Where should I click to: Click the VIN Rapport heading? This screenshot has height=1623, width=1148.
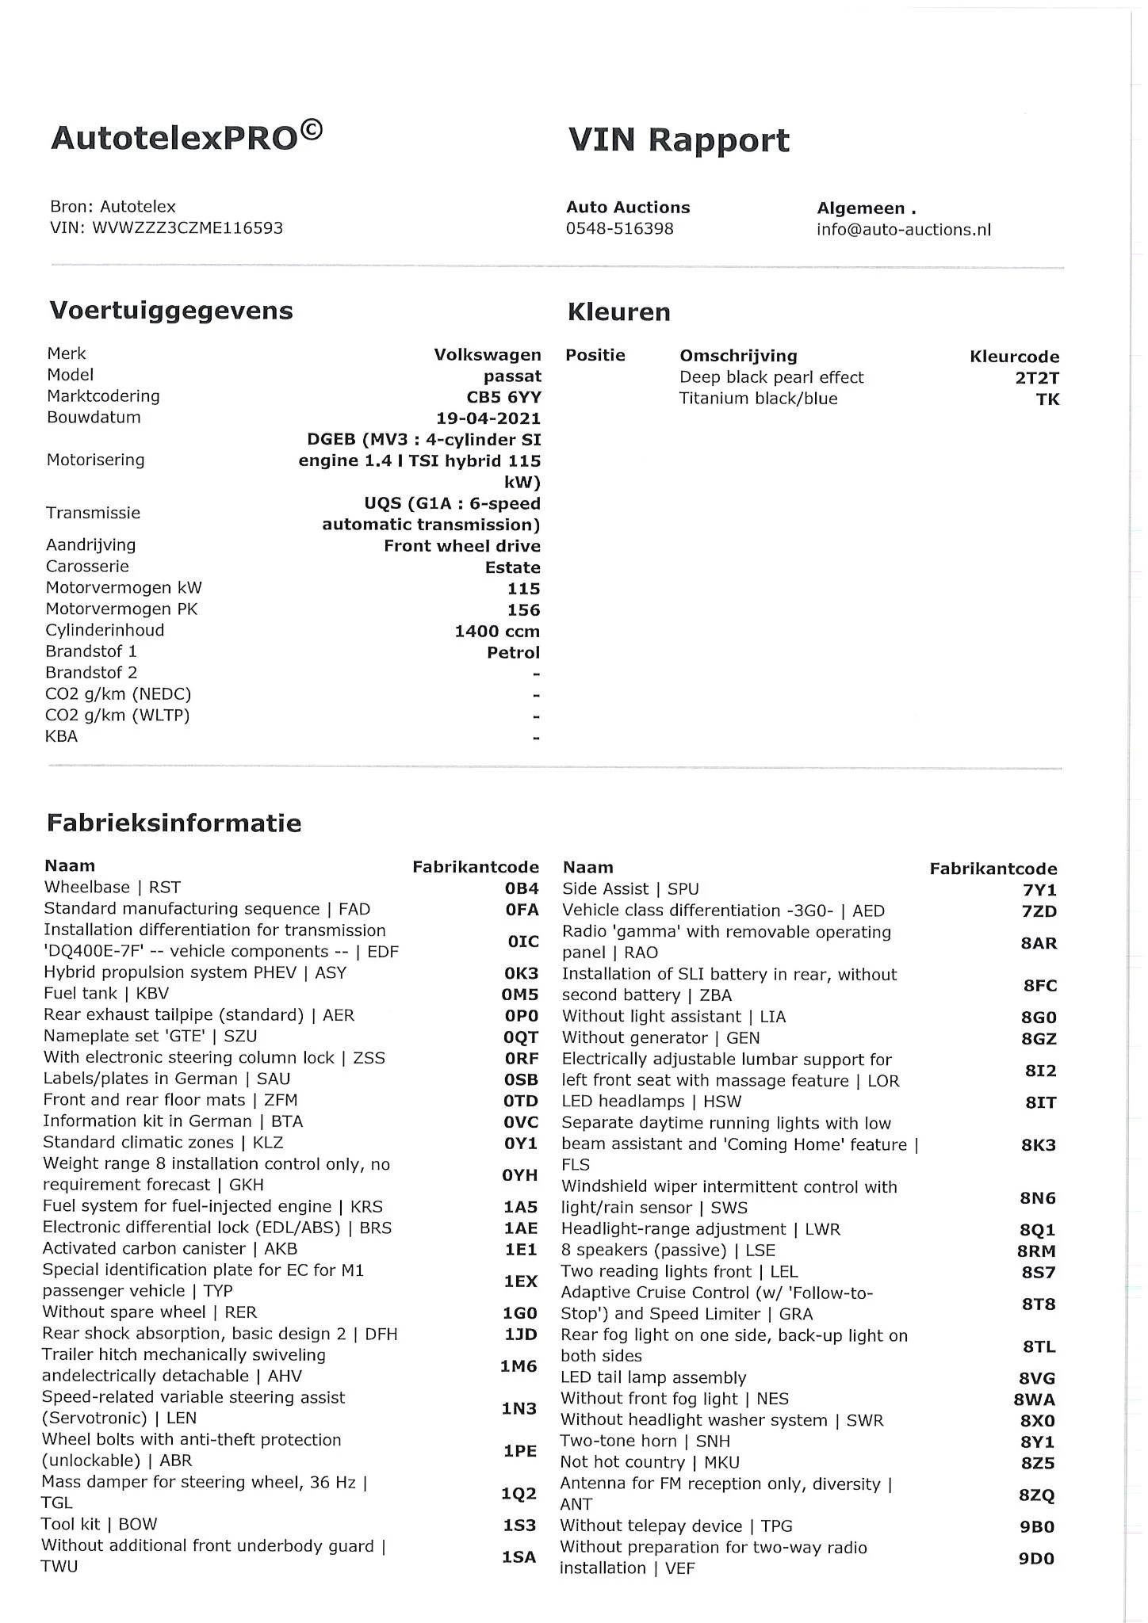point(679,140)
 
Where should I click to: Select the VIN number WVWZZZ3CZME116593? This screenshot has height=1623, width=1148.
point(187,228)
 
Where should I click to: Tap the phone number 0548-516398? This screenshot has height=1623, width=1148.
point(619,229)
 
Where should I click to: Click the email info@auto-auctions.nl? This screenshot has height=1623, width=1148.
point(904,230)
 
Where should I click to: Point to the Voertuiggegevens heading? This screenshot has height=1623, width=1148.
point(171,310)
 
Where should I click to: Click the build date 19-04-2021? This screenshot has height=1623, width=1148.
point(488,418)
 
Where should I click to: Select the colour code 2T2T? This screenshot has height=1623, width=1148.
point(1037,378)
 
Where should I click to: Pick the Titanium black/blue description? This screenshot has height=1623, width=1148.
point(758,399)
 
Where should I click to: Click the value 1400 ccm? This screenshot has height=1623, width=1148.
point(497,632)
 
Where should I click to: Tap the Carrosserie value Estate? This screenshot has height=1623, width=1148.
point(513,567)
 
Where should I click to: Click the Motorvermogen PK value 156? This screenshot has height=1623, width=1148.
point(523,610)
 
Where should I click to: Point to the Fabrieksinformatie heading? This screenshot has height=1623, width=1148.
point(174,823)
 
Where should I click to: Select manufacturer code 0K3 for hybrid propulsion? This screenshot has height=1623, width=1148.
point(522,973)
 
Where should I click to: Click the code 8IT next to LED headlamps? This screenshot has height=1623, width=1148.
point(1040,1102)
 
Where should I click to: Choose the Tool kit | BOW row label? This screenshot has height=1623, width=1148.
point(99,1524)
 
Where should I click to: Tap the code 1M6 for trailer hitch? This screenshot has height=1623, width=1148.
point(519,1366)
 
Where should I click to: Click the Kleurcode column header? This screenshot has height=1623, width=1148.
point(1014,357)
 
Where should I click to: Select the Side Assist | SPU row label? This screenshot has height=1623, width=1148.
point(630,889)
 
